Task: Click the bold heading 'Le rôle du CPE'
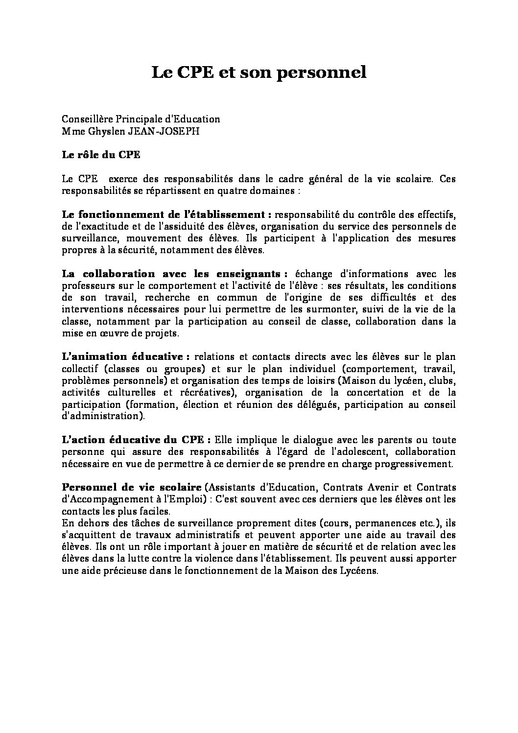101,155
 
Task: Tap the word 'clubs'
444,380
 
